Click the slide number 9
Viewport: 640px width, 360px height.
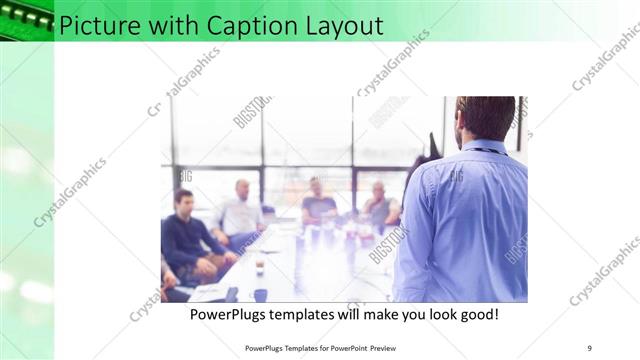(589, 347)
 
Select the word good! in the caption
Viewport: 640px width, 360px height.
(477, 314)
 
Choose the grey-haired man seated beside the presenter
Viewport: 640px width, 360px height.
(379, 205)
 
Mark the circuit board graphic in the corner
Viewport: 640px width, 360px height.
(26, 18)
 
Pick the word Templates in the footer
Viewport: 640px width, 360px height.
(289, 347)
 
